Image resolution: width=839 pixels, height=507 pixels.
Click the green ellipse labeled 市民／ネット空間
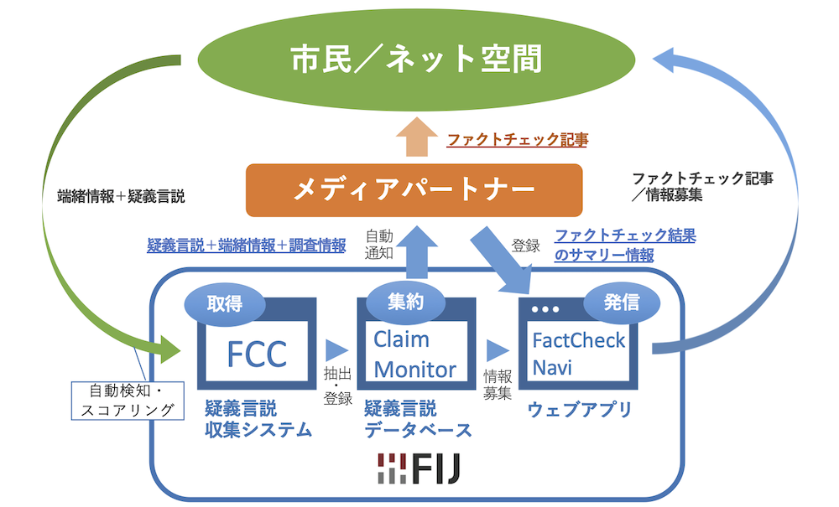417,59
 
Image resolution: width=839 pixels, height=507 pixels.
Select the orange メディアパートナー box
414,190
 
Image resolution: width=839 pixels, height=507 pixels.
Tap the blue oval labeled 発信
620,301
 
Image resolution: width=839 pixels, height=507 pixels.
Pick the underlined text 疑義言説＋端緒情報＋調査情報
247,245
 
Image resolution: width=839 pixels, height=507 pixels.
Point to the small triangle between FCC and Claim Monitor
337,349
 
